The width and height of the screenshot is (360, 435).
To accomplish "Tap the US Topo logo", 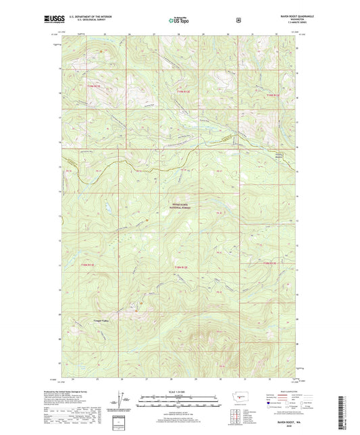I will click(x=180, y=21).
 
